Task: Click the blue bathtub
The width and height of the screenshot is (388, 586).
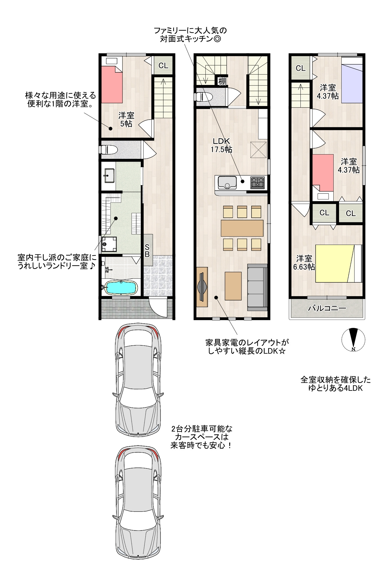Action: point(121,288)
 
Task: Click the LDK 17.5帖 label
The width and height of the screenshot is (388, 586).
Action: point(221,145)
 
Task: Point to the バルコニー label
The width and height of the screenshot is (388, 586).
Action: point(327,308)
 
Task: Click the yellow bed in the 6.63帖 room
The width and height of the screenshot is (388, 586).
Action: point(339,263)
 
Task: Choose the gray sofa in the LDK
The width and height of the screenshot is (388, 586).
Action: point(258,287)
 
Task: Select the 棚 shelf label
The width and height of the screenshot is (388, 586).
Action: point(222,81)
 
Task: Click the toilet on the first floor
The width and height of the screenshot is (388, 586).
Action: point(108,150)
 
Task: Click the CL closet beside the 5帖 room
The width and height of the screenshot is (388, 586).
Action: point(163,66)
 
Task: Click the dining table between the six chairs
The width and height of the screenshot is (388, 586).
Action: point(242,228)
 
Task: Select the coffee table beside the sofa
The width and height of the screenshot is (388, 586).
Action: point(233,286)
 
